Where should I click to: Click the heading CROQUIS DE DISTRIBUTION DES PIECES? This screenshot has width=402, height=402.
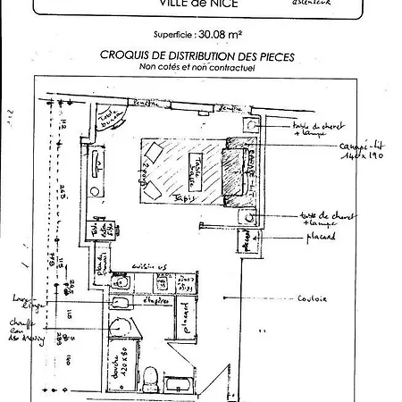coord(197,55)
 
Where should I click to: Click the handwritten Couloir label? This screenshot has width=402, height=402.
coord(313,298)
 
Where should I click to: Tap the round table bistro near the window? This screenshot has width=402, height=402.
coord(110,122)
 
